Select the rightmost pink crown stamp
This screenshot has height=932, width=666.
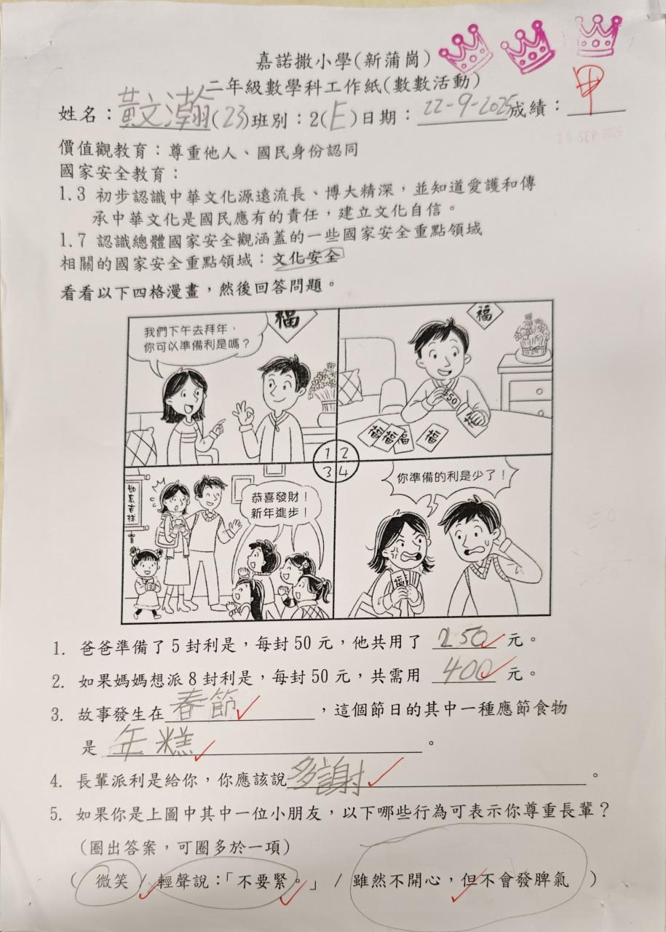[598, 36]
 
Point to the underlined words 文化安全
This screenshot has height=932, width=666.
[305, 258]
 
